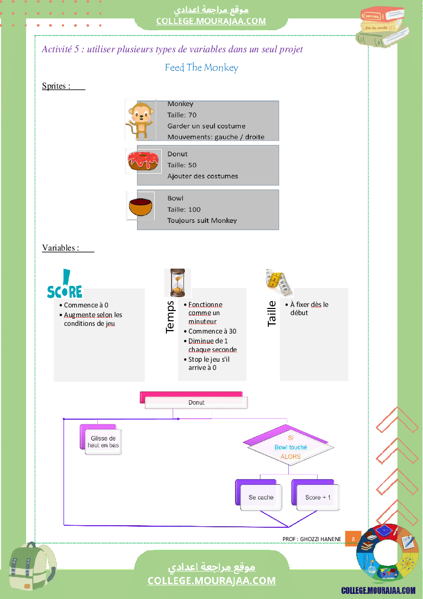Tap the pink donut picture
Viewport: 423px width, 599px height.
[144, 161]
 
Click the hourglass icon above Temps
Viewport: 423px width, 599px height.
[177, 282]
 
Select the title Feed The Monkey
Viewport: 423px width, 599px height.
[201, 68]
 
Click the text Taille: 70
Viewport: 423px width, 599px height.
[182, 115]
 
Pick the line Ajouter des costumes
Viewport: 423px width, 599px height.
[202, 176]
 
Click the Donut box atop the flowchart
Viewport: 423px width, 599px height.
[196, 402]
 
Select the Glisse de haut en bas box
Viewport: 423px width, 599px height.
[103, 442]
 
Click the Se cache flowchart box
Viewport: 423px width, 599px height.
[261, 497]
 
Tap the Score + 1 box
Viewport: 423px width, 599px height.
[318, 497]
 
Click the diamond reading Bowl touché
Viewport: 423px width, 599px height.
[290, 447]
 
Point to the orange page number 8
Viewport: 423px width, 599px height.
[353, 539]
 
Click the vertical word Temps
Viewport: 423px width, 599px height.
[171, 317]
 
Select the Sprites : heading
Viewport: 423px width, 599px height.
[56, 86]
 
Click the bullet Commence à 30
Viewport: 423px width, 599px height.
[212, 331]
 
